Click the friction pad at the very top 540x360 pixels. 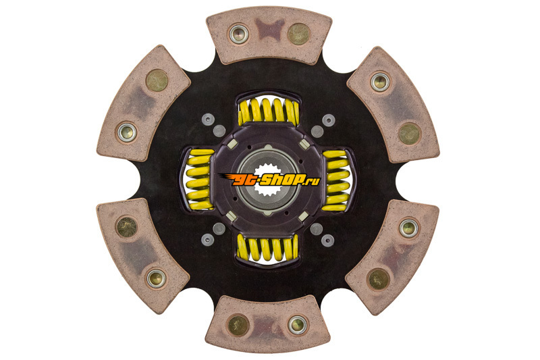[x=269, y=36]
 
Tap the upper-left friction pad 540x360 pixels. [x=143, y=103]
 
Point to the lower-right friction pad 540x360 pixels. [x=393, y=257]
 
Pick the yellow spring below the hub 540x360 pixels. [x=267, y=248]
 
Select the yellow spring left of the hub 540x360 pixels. [x=200, y=179]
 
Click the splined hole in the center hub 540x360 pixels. [x=269, y=180]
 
